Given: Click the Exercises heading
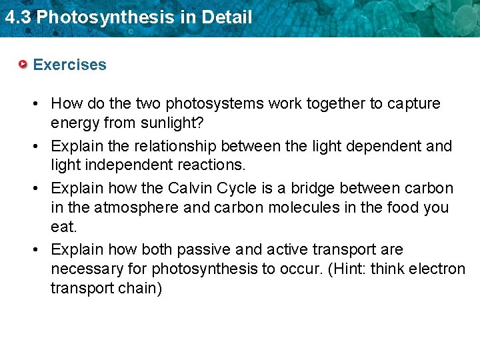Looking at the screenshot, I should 69,65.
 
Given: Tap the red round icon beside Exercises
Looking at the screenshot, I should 23,65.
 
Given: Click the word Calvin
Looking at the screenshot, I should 189,189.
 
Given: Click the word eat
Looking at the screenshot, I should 63,227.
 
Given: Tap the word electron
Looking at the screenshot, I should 437,269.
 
